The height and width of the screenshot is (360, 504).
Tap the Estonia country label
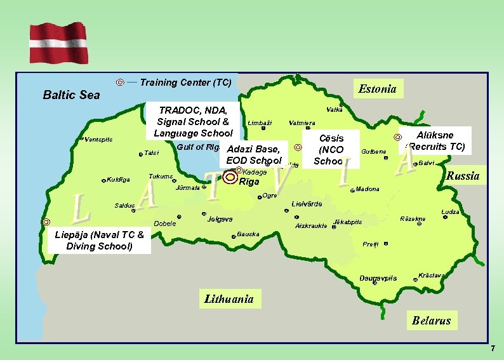pos(377,89)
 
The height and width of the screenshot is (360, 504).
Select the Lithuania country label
pos(229,298)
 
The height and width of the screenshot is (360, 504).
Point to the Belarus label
pos(431,321)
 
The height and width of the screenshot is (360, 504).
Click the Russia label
pos(463,176)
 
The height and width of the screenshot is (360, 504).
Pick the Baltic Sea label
pos(71,95)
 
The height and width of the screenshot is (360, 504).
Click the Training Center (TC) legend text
pos(185,83)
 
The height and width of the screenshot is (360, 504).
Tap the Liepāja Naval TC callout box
pos(100,241)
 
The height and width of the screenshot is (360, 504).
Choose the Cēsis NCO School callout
pos(331,149)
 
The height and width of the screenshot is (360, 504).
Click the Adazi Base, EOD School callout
pos(253,154)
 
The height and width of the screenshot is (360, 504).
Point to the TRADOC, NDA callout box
pos(193,121)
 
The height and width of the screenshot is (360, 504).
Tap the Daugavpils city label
pos(378,278)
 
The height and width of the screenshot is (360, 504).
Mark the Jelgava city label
pos(220,219)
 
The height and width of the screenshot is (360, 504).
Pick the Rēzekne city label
pos(413,218)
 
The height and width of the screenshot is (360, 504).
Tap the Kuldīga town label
pos(118,180)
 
